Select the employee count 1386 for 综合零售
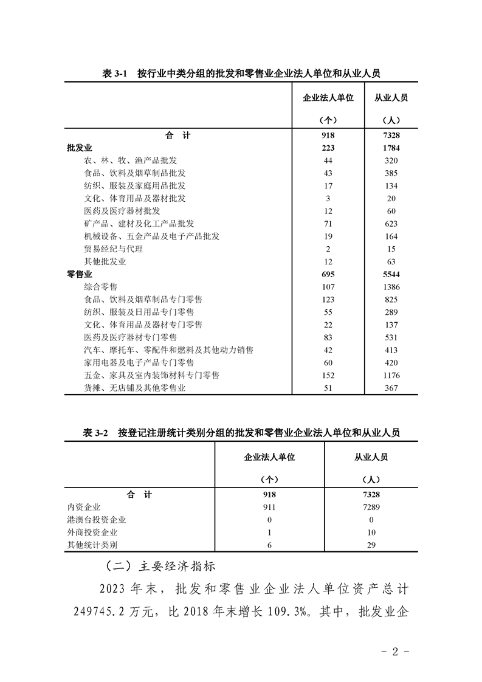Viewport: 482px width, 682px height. (x=391, y=286)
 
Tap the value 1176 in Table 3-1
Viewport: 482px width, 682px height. (x=391, y=375)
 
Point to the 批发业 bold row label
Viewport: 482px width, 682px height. (x=80, y=148)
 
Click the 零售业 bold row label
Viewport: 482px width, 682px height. (x=80, y=274)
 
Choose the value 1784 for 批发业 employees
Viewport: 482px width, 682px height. (x=391, y=148)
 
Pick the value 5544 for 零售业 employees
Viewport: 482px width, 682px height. (x=391, y=274)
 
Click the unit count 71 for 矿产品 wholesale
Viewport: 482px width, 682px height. (x=328, y=224)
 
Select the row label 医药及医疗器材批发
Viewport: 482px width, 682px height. (x=122, y=211)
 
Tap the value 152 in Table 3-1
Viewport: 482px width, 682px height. (x=328, y=375)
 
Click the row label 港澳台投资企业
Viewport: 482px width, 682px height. (x=97, y=520)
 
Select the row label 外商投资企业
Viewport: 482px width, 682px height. (x=92, y=532)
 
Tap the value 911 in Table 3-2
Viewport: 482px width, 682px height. (x=269, y=507)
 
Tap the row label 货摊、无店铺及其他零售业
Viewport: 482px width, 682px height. (x=135, y=388)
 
